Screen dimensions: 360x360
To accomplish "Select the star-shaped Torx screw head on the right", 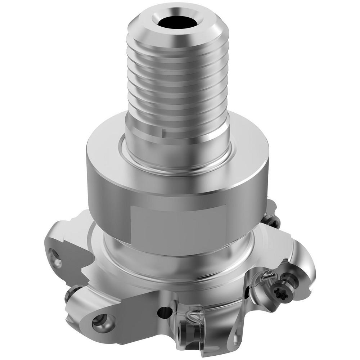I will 279,288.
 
